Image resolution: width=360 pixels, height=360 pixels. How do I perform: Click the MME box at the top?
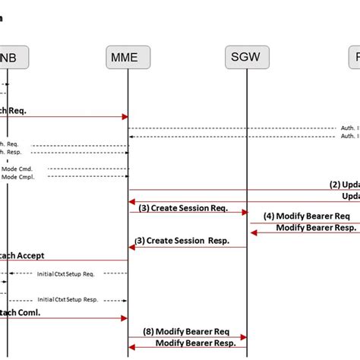[x=128, y=57]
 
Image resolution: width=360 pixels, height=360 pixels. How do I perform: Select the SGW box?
[x=248, y=57]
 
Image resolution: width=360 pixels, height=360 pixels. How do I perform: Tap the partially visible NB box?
[x=9, y=57]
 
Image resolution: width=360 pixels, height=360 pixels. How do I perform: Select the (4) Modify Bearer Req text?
[x=307, y=215]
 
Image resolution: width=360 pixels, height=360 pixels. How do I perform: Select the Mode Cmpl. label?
[x=18, y=177]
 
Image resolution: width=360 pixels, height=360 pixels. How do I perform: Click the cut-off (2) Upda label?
[x=344, y=184]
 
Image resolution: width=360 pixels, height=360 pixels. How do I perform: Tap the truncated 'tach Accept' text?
[x=22, y=254]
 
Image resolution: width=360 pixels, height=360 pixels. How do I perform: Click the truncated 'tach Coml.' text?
[x=20, y=311]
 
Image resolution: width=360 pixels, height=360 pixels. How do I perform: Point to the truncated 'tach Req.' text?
[x=14, y=110]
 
